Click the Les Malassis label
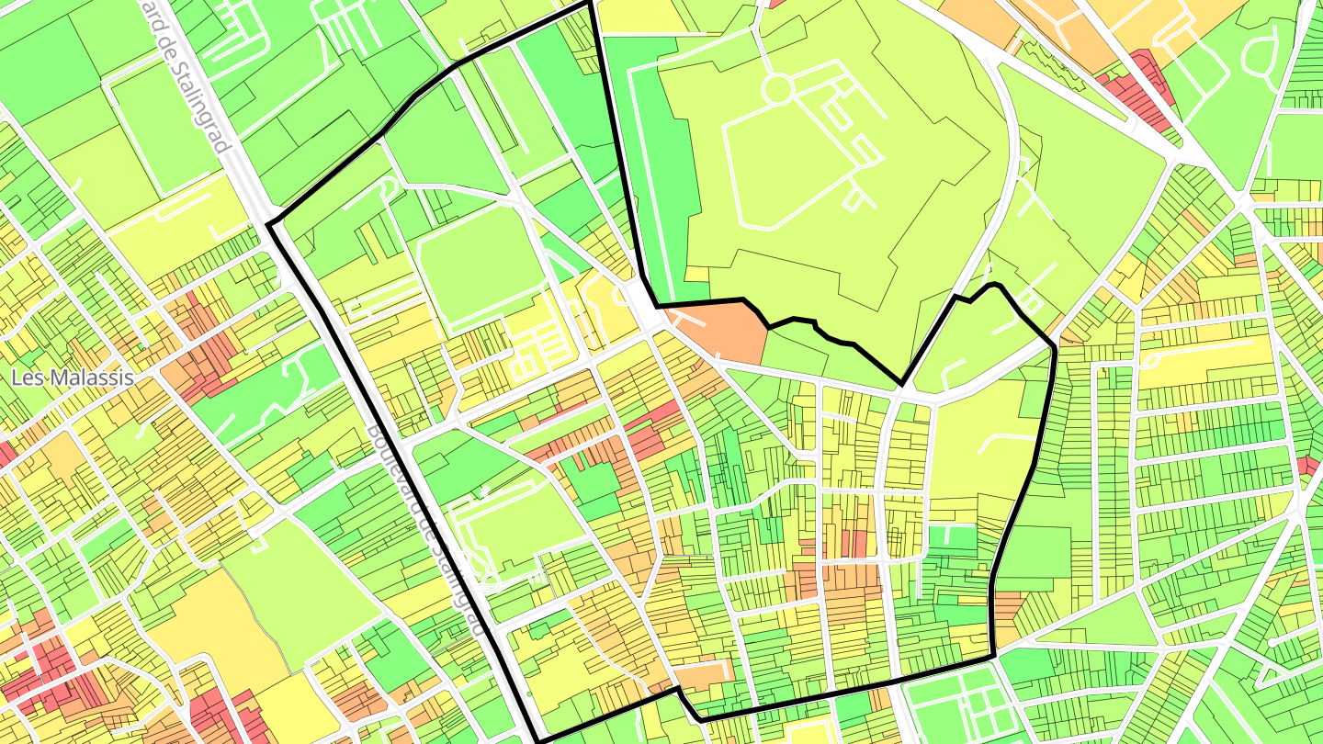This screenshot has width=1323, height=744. (x=72, y=378)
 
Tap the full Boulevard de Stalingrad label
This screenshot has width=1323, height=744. (x=425, y=531)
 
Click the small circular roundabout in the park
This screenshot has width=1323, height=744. (x=777, y=89)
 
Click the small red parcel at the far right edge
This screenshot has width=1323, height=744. (x=1308, y=465)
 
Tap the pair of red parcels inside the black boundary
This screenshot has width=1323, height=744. (x=854, y=543)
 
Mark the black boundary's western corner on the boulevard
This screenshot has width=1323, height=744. (x=268, y=224)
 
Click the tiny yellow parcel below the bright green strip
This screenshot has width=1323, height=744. (x=697, y=274)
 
